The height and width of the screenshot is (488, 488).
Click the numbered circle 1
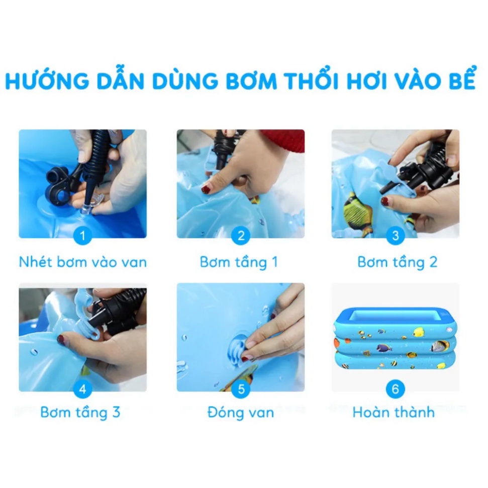[83, 236]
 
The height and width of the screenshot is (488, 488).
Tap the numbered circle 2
[241, 236]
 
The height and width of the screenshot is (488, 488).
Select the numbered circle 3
[395, 236]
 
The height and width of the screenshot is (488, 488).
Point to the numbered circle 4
[83, 388]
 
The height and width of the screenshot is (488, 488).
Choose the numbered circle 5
[241, 388]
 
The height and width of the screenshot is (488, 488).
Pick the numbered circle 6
[395, 388]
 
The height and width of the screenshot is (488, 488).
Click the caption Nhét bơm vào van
[83, 262]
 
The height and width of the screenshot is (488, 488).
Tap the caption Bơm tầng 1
[239, 262]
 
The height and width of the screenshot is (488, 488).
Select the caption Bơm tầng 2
[397, 262]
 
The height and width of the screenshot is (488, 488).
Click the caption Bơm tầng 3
[80, 413]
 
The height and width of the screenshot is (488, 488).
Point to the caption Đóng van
[241, 413]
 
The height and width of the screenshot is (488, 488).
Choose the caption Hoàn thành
[394, 413]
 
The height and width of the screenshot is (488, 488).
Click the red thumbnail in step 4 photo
[61, 340]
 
